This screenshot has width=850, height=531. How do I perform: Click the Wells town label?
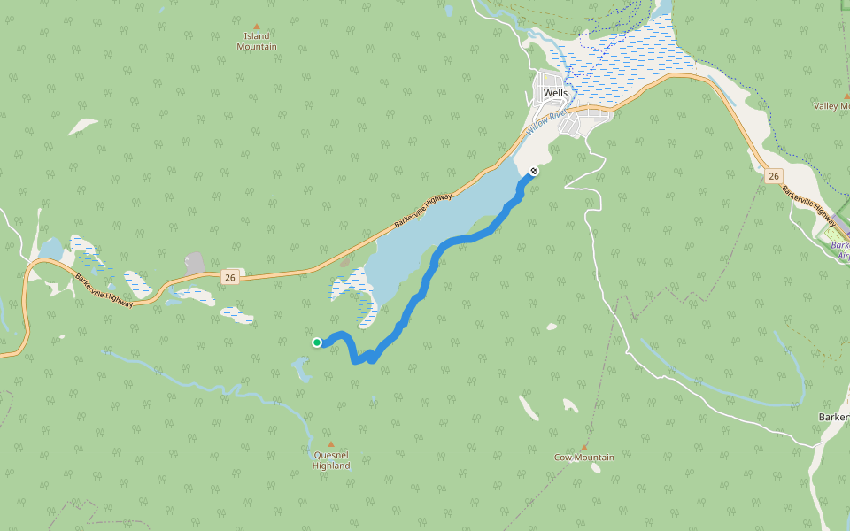coord(555,93)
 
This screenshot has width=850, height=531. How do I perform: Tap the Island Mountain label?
coord(257,42)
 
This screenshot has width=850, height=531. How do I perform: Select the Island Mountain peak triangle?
coord(257,27)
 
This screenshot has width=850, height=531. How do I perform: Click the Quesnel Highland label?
coord(331,460)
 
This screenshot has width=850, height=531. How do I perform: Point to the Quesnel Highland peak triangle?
coord(331,444)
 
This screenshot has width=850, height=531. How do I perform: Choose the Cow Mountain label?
coord(583,458)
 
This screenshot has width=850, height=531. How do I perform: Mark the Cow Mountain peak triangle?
coord(583,447)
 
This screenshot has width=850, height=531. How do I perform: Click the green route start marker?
coord(317,342)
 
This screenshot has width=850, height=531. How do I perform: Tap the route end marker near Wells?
coord(534,171)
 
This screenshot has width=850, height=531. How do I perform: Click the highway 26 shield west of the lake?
coord(230,277)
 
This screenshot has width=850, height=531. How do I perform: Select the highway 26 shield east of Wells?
coord(774,177)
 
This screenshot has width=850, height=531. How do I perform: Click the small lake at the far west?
coord(50,249)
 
